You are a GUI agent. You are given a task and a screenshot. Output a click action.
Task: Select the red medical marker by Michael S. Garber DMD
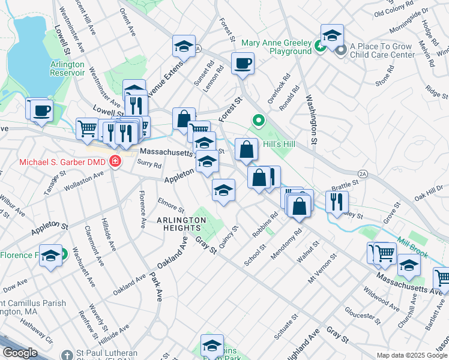[114, 162]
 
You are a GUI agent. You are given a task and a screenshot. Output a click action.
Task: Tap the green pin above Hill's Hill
[259, 121]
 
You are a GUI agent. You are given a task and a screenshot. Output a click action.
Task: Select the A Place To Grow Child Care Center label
[382, 50]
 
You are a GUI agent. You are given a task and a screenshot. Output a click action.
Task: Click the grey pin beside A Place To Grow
[342, 49]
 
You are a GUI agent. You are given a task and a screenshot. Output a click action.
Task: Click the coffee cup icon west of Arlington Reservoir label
[42, 110]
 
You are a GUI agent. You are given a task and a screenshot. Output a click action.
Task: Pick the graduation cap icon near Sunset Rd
[184, 46]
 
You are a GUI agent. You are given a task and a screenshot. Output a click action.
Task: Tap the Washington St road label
[311, 120]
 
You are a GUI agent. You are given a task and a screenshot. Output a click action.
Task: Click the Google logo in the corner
[20, 353]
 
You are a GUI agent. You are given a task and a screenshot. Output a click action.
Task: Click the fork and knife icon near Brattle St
[337, 201]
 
